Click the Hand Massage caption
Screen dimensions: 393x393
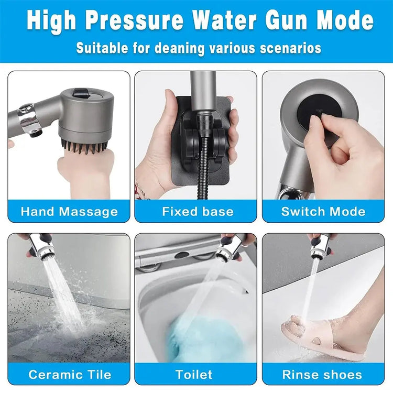pyautogui.click(x=69, y=212)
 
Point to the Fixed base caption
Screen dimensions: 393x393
pyautogui.click(x=197, y=212)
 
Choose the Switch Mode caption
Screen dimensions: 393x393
pyautogui.click(x=323, y=212)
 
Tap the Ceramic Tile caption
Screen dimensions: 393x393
pyautogui.click(x=69, y=374)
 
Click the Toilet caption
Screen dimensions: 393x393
pyautogui.click(x=194, y=374)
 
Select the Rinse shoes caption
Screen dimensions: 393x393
pyautogui.click(x=322, y=374)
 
